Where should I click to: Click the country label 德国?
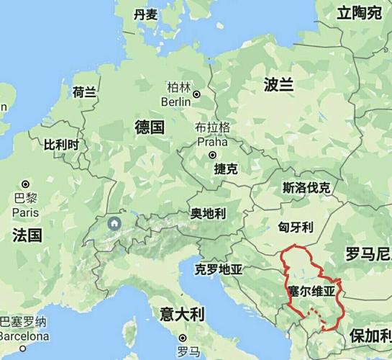click(x=150, y=128)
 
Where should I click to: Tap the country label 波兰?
click(x=278, y=84)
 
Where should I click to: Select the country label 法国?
click(x=27, y=235)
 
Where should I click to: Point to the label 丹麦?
click(x=145, y=14)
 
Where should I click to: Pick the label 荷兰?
click(x=84, y=92)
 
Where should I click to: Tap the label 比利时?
click(x=60, y=145)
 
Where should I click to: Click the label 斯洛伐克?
click(x=306, y=189)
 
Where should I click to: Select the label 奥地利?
click(x=208, y=214)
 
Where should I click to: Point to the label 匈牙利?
click(x=295, y=227)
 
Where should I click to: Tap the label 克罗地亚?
click(x=219, y=270)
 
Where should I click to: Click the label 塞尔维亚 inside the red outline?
click(x=311, y=292)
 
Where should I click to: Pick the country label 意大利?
click(x=182, y=314)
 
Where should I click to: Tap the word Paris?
click(x=26, y=212)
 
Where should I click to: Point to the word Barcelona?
click(x=24, y=336)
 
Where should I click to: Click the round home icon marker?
click(x=114, y=224)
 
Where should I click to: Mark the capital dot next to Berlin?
click(x=196, y=94)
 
